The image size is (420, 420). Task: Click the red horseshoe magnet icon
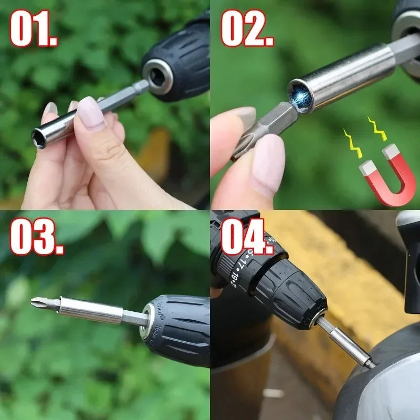[x=387, y=175]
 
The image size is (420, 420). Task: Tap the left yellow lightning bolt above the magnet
[x=352, y=143]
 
